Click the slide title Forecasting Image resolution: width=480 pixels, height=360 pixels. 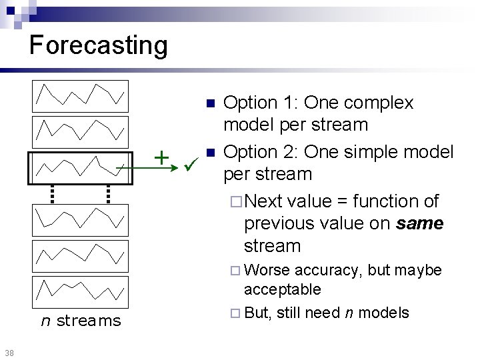point(99,45)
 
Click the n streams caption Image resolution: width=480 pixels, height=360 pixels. point(81,321)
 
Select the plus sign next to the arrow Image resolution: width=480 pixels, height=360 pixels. point(161,157)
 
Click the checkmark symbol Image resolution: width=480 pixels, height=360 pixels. point(189,160)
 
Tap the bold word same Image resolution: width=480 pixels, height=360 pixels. point(419,223)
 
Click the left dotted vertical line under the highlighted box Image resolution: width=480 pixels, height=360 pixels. point(52,193)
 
